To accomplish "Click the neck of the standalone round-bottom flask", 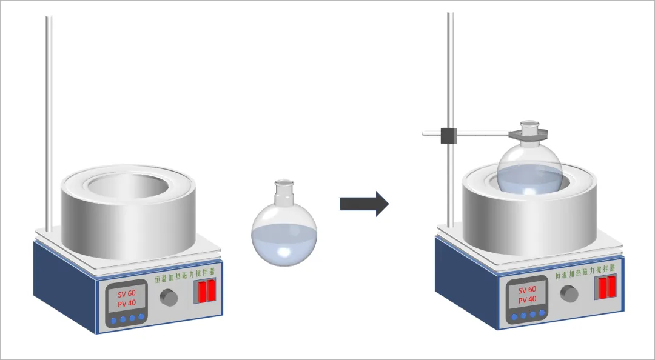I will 283,193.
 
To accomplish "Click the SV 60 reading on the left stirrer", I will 126,293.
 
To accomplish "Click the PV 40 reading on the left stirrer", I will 126,304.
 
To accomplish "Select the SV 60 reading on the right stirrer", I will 527,289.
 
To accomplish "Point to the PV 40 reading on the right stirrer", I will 527,299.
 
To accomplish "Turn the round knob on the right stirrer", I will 569,293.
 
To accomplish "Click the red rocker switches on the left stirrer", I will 206,291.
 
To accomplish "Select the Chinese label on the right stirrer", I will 585,274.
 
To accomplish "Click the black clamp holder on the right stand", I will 449,135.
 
